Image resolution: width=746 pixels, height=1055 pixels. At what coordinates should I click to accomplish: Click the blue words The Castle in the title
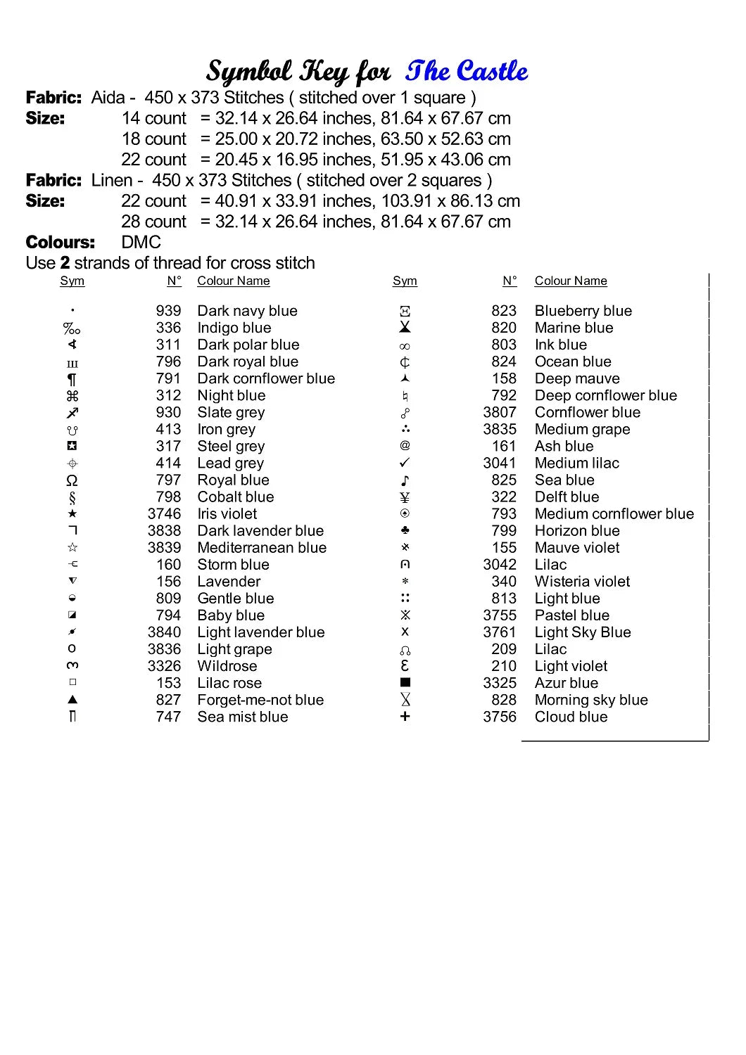[x=467, y=71]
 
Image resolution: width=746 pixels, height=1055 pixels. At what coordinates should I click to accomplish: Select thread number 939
[x=168, y=311]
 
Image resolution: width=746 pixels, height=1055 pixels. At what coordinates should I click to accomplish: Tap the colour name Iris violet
[x=227, y=514]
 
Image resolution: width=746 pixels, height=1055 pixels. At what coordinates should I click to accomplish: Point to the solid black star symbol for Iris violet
[x=72, y=514]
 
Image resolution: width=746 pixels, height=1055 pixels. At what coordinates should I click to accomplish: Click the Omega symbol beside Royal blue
[x=72, y=480]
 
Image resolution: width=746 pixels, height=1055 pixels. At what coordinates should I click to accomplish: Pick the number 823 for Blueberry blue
[x=504, y=311]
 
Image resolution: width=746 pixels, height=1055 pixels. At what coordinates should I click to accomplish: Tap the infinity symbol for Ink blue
[x=405, y=346]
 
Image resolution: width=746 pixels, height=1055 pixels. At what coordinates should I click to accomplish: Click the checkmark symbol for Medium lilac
[x=405, y=463]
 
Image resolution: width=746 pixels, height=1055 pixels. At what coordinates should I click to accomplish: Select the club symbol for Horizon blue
[x=405, y=530]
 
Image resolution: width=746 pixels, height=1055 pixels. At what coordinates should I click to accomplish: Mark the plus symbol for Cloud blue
[x=405, y=717]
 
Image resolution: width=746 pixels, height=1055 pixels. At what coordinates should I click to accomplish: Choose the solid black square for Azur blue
[x=405, y=682]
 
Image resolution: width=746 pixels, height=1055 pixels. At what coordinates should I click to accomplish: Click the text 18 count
[x=153, y=139]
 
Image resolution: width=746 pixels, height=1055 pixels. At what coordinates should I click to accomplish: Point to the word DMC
[x=141, y=243]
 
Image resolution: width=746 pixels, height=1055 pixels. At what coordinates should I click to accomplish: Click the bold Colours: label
[x=60, y=243]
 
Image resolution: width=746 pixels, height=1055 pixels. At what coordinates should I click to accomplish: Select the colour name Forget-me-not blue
[x=260, y=701]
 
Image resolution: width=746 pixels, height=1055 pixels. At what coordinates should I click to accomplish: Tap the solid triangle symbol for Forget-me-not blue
[x=72, y=700]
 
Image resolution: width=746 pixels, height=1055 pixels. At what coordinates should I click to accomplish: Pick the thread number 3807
[x=500, y=413]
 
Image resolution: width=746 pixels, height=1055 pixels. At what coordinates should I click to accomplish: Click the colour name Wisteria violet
[x=582, y=582]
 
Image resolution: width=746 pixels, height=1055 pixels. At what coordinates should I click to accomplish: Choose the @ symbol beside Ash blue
[x=405, y=446]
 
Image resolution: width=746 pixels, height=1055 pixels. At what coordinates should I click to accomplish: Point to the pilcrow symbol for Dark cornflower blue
[x=72, y=380]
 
